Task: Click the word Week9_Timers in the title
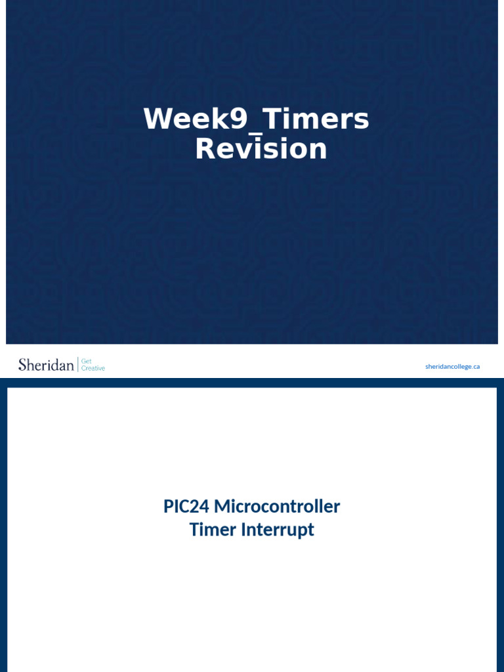pyautogui.click(x=256, y=119)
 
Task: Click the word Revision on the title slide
pyautogui.click(x=261, y=149)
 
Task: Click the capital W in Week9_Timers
pyautogui.click(x=157, y=119)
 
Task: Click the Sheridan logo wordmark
pyautogui.click(x=46, y=365)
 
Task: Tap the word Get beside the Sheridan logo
pyautogui.click(x=86, y=361)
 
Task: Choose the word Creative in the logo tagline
pyautogui.click(x=93, y=369)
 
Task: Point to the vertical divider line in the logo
pyautogui.click(x=77, y=365)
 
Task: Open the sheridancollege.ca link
pyautogui.click(x=452, y=366)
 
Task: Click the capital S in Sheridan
pyautogui.click(x=22, y=365)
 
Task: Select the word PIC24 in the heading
pyautogui.click(x=186, y=507)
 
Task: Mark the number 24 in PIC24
pyautogui.click(x=200, y=507)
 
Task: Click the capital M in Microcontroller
pyautogui.click(x=222, y=507)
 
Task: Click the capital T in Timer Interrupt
pyautogui.click(x=194, y=530)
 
